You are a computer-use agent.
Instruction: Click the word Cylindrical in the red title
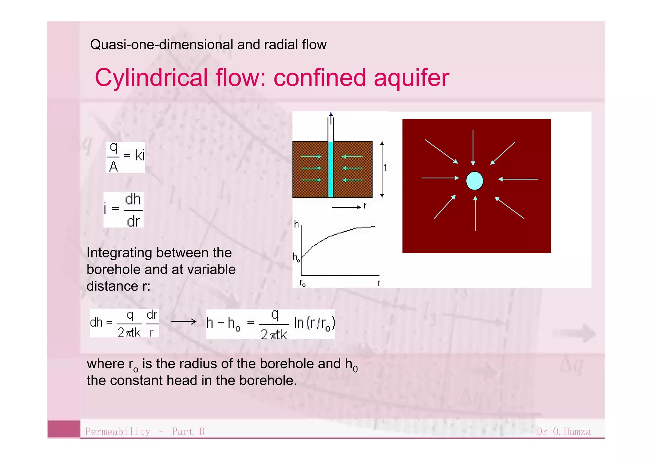click(x=151, y=78)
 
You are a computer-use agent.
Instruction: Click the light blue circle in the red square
click(x=474, y=181)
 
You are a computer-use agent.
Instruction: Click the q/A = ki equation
click(x=125, y=157)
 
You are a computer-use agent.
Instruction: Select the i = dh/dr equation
click(x=124, y=210)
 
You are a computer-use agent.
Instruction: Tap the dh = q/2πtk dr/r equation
click(x=124, y=323)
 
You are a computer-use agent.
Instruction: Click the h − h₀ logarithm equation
click(x=270, y=324)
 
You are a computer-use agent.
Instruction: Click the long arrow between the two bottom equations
click(x=184, y=321)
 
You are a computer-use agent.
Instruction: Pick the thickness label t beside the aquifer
click(x=385, y=168)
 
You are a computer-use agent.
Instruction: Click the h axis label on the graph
click(x=296, y=224)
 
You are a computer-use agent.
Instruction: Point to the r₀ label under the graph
click(x=302, y=283)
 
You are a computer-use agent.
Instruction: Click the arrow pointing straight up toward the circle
click(x=475, y=213)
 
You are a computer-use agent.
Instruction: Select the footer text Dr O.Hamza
click(x=563, y=432)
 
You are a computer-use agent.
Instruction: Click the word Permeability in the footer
click(x=117, y=432)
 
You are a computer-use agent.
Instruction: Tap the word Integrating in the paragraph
click(x=121, y=253)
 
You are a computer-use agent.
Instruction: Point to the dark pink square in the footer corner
click(x=64, y=429)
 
